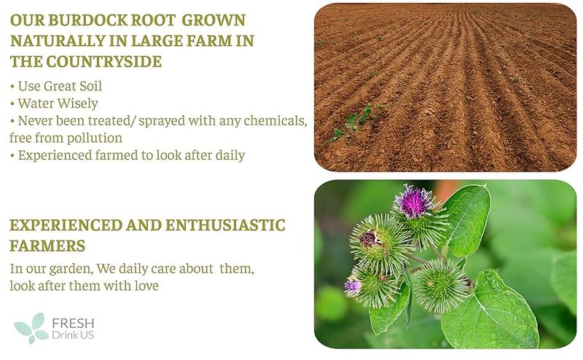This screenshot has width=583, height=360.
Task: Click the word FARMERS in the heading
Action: tap(47, 246)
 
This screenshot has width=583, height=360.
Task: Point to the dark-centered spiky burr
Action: tap(371, 239)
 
